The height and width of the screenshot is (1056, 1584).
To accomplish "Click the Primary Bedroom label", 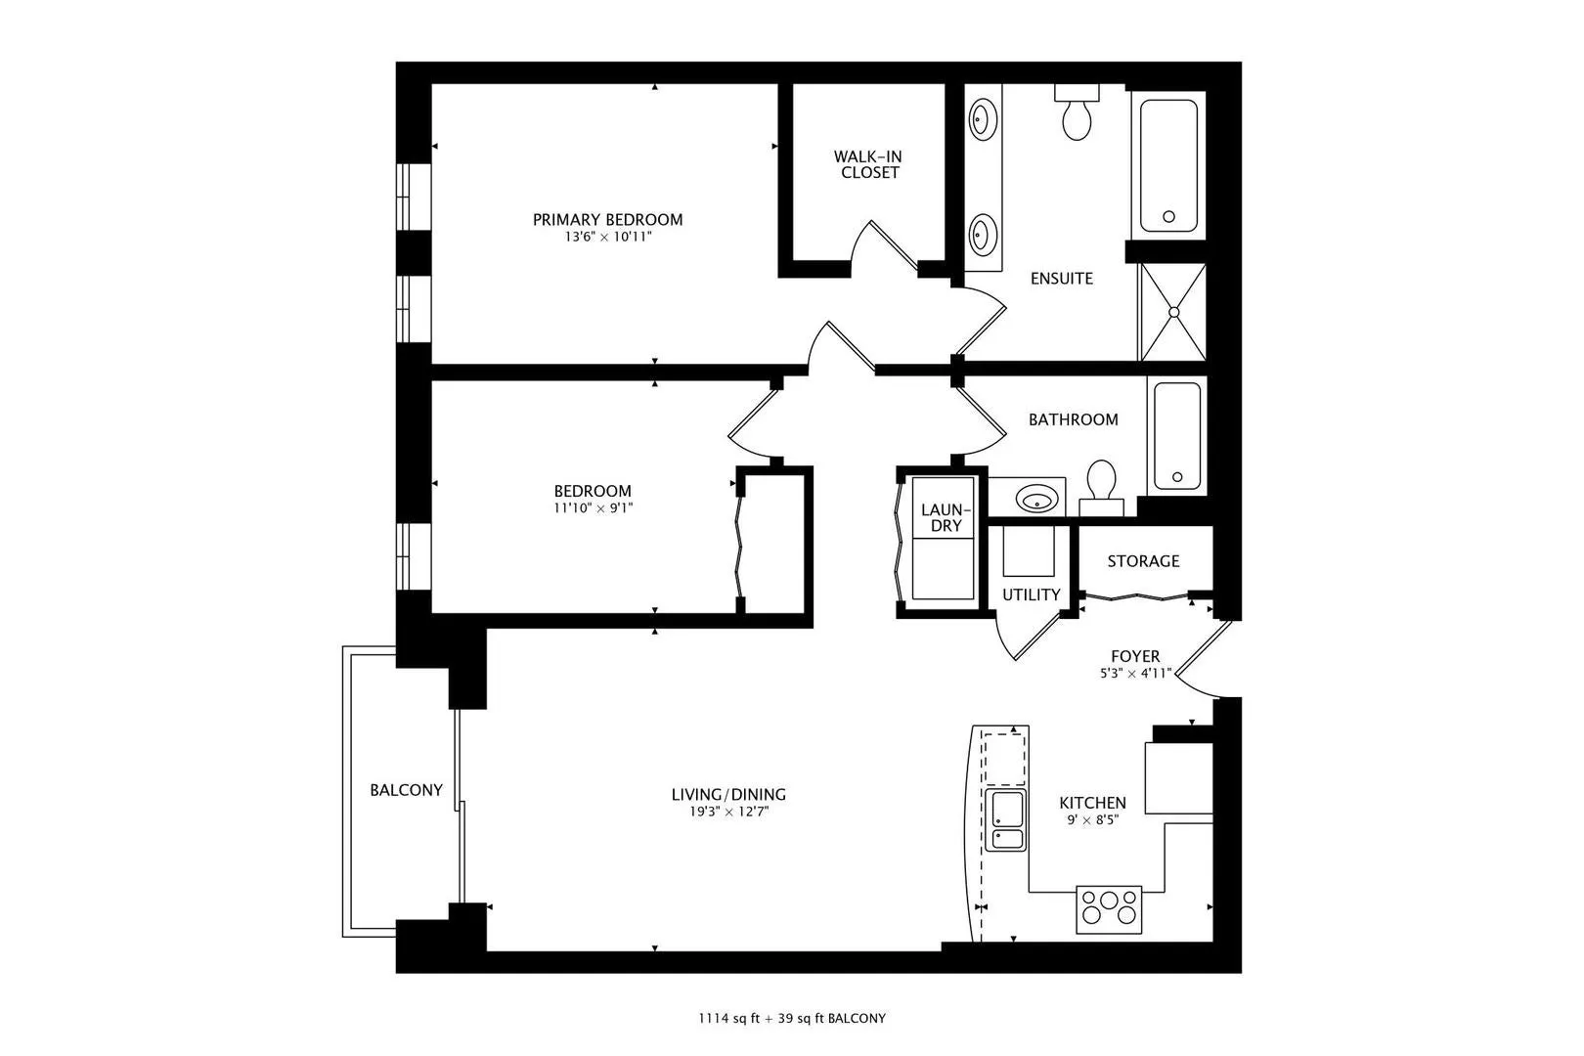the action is [607, 219].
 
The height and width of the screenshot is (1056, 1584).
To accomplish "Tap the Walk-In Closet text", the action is [867, 164].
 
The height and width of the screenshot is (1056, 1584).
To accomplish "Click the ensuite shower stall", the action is [1173, 312].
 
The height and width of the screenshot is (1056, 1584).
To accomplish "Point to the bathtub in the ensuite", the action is [1168, 165].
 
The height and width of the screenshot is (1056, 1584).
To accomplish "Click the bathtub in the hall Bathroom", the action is [1177, 436].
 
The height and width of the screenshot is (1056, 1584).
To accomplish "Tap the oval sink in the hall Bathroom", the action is [1036, 500].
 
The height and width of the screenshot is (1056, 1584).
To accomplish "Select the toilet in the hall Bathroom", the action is [1101, 488].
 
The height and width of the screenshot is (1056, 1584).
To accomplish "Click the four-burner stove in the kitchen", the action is [1109, 909].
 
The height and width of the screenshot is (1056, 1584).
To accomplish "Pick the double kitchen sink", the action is [1005, 820].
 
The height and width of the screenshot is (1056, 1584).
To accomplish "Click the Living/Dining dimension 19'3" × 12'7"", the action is [728, 812].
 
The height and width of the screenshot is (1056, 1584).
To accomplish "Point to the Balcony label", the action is [406, 789].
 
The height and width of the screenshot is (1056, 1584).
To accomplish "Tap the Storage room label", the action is [1143, 561].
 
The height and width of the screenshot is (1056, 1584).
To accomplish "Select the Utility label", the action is [1031, 594].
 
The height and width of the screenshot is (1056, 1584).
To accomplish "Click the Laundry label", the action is [946, 518].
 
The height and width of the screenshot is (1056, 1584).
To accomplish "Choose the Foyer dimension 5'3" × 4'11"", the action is [1135, 674].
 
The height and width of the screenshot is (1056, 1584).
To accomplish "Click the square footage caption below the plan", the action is [792, 1019].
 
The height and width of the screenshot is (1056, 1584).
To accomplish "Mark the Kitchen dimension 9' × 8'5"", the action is [1092, 820].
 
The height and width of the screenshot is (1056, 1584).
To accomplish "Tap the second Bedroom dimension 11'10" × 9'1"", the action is [593, 507].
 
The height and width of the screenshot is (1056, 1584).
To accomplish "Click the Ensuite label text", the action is [1062, 278].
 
